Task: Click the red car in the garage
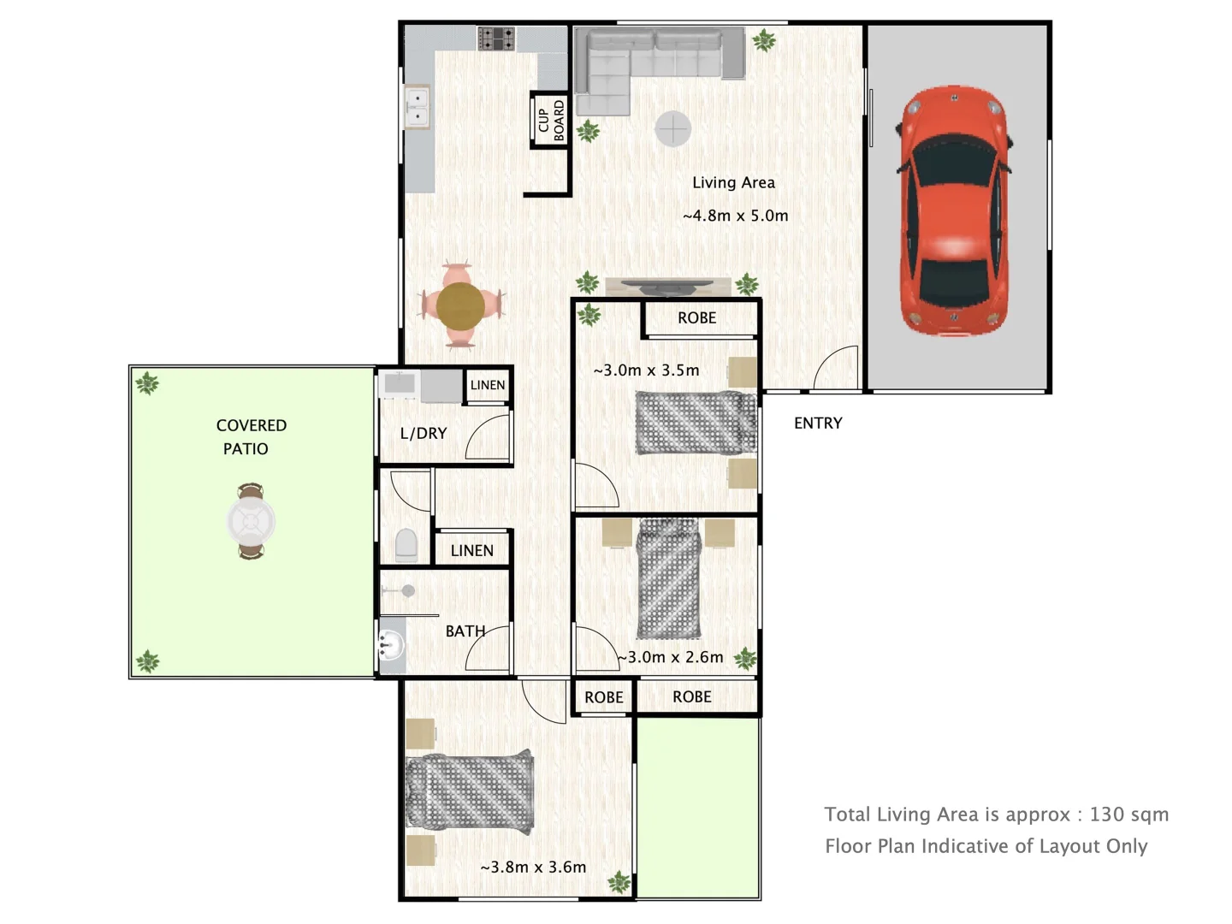[952, 210]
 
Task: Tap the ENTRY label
[818, 423]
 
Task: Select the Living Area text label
[733, 182]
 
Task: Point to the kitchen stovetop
[496, 38]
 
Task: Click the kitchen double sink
[417, 107]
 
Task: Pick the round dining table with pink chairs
[460, 305]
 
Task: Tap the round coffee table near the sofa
[672, 129]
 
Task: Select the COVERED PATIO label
[250, 436]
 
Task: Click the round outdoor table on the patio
[251, 521]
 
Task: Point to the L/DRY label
[423, 434]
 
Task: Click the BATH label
[465, 631]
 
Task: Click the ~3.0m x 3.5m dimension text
[646, 370]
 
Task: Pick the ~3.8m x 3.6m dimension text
[533, 867]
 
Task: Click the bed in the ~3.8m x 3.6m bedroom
[470, 791]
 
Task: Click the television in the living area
[668, 286]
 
